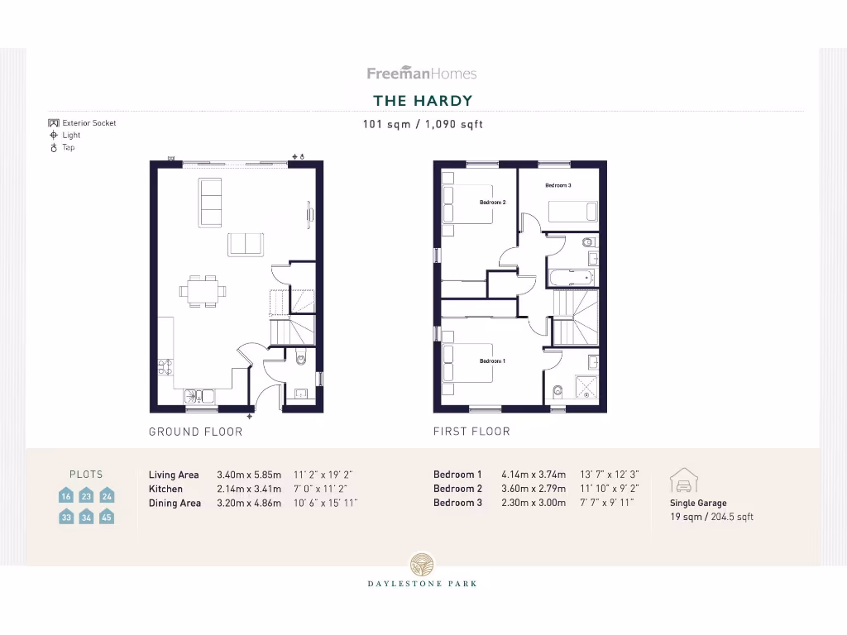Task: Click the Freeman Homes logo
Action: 422,74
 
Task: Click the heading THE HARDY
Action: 423,101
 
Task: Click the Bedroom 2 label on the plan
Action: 492,203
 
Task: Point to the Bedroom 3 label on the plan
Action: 558,185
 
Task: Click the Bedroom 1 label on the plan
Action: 492,361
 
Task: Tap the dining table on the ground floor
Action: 203,291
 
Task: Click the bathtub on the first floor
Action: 571,276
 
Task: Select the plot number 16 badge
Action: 66,496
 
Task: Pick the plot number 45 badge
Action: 107,518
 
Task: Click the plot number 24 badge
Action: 107,496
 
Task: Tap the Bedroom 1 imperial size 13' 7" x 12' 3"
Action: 610,475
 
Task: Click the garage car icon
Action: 684,481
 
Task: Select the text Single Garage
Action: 698,503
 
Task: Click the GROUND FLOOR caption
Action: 196,432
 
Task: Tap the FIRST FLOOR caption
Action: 471,432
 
